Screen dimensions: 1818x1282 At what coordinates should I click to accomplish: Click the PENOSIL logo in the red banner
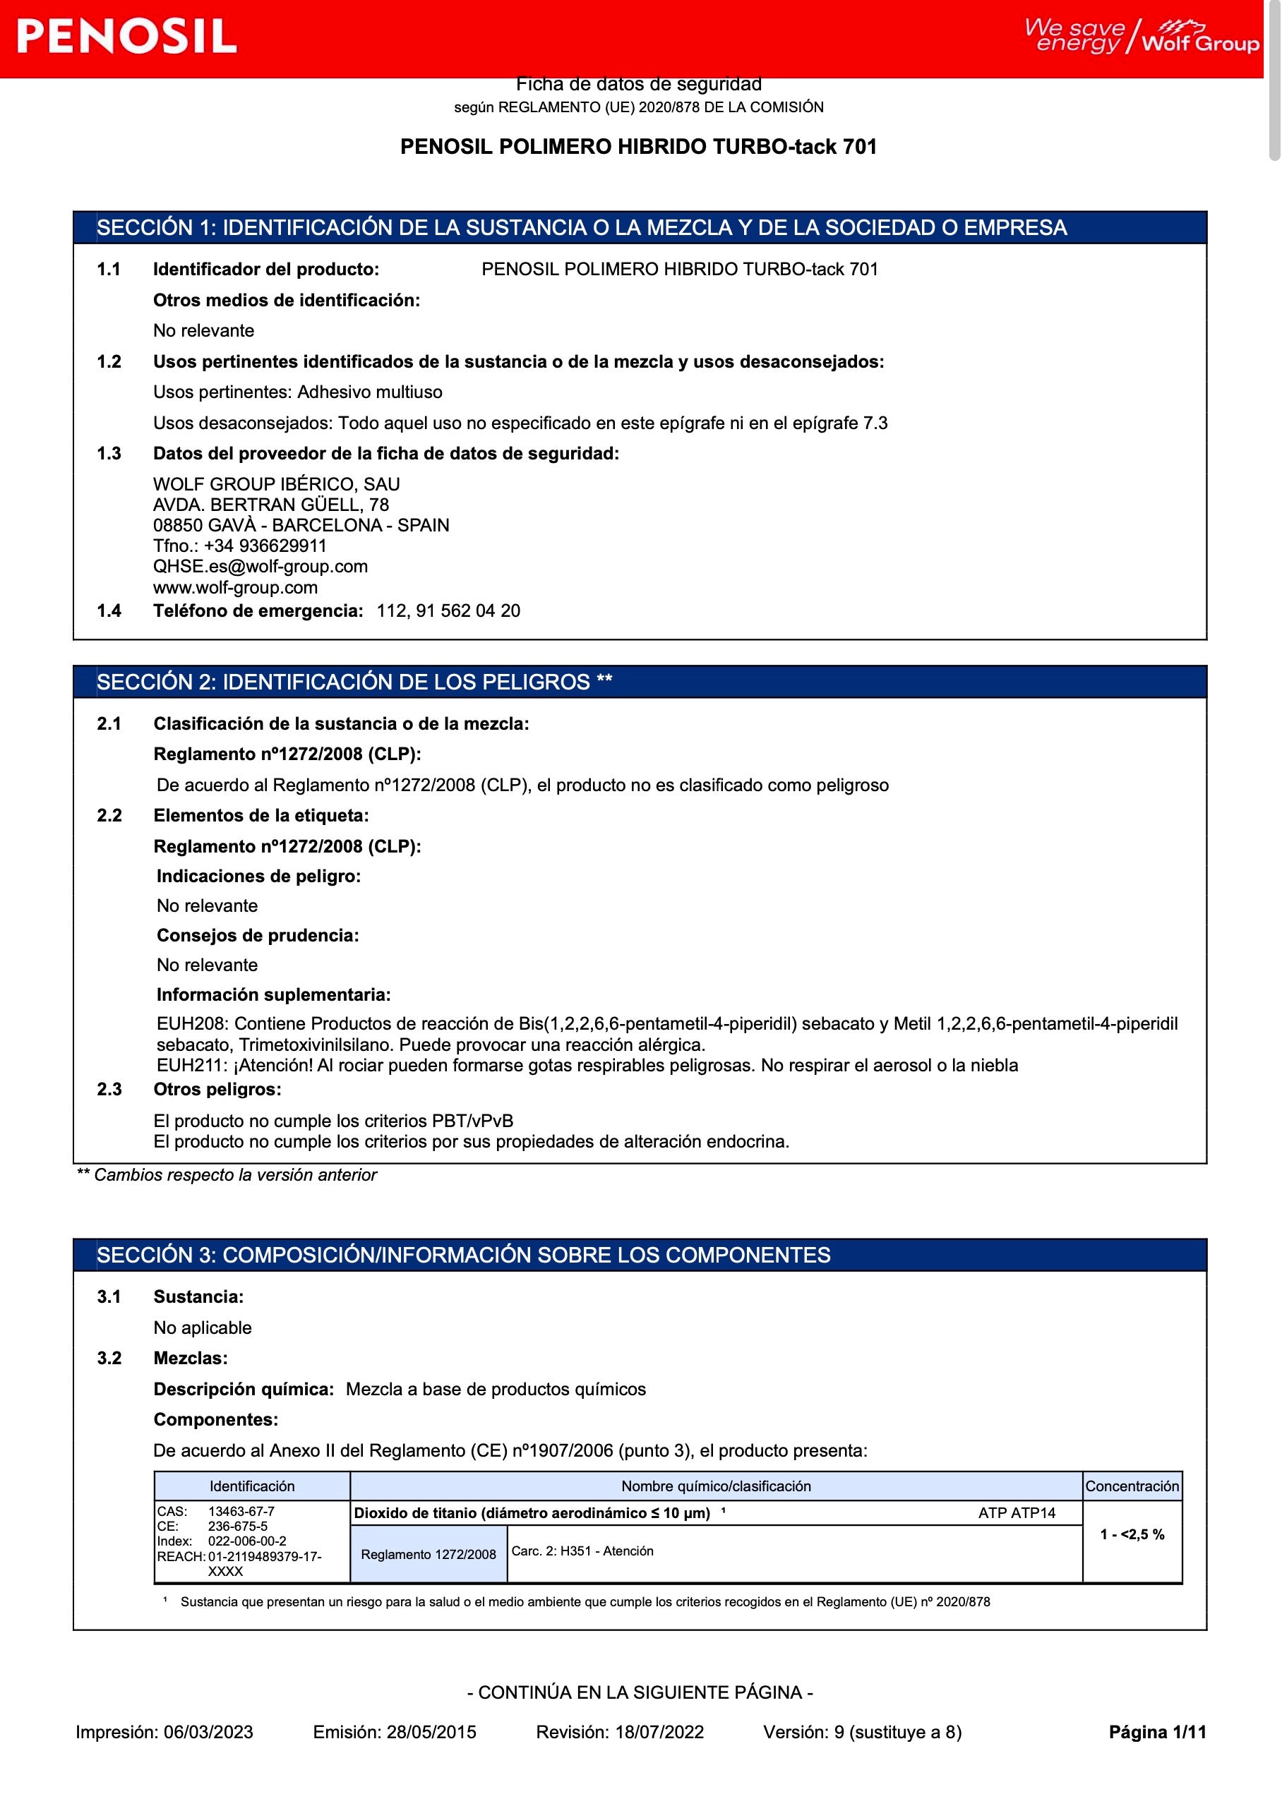point(126,37)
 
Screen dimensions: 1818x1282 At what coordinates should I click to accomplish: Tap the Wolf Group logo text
point(1199,44)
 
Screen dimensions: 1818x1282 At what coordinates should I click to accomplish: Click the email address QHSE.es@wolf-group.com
point(260,566)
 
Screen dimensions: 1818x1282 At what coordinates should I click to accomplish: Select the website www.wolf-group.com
point(235,587)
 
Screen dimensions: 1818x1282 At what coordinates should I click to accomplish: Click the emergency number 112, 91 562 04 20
point(448,610)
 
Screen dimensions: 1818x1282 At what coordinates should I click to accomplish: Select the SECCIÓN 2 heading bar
point(639,682)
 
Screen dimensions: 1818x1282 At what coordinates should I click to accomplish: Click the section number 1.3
point(109,453)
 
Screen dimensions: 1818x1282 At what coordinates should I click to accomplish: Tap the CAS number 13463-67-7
point(241,1511)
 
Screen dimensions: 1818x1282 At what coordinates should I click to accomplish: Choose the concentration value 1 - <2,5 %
point(1132,1534)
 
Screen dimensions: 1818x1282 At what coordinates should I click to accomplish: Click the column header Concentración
point(1132,1486)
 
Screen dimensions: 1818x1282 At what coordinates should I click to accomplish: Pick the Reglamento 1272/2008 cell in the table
point(429,1554)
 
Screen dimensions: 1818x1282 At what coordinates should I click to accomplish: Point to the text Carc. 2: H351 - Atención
point(582,1551)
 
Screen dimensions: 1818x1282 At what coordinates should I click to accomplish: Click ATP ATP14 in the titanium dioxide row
point(1017,1512)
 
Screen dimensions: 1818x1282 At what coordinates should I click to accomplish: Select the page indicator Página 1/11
point(1157,1732)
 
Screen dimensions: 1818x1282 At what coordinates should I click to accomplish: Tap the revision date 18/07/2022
point(659,1732)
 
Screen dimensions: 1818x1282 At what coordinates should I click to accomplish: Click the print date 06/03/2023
point(208,1732)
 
